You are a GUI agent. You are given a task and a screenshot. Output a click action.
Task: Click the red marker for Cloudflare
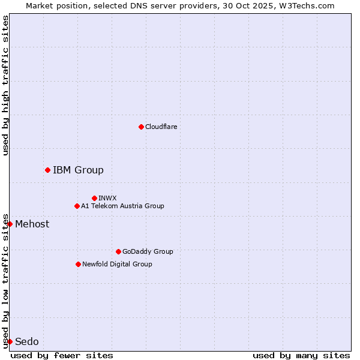coord(141,127)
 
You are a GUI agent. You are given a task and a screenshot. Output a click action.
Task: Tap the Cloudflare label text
coord(161,127)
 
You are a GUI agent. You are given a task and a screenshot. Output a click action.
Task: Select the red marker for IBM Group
coord(47,170)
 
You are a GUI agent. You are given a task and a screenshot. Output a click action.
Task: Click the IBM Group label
coord(78,170)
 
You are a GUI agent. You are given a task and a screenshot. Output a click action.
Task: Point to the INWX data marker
coord(94,198)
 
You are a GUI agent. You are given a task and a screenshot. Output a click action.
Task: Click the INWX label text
coord(107,198)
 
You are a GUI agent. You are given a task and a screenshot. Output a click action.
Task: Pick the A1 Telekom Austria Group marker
coord(77,206)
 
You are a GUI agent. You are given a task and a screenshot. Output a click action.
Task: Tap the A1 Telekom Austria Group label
coord(122,206)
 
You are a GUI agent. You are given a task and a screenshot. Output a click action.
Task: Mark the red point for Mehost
coord(10,224)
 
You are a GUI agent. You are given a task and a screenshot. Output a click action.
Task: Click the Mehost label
coord(32,224)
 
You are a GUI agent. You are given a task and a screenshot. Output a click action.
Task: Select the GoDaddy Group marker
coord(118,251)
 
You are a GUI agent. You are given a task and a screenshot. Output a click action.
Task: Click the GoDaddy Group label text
coord(148,252)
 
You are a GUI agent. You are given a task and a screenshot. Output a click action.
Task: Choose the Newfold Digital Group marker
coord(78,264)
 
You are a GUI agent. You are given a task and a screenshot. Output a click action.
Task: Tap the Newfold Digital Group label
coord(117,265)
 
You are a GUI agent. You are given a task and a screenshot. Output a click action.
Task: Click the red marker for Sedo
coord(10,341)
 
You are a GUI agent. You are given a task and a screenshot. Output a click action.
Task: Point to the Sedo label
coord(27,342)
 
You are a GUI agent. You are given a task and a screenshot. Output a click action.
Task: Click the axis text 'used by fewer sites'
coord(62,355)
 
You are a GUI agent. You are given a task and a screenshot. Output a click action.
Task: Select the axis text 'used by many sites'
coord(301,355)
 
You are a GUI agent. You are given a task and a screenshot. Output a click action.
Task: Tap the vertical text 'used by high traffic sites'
coord(5,85)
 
